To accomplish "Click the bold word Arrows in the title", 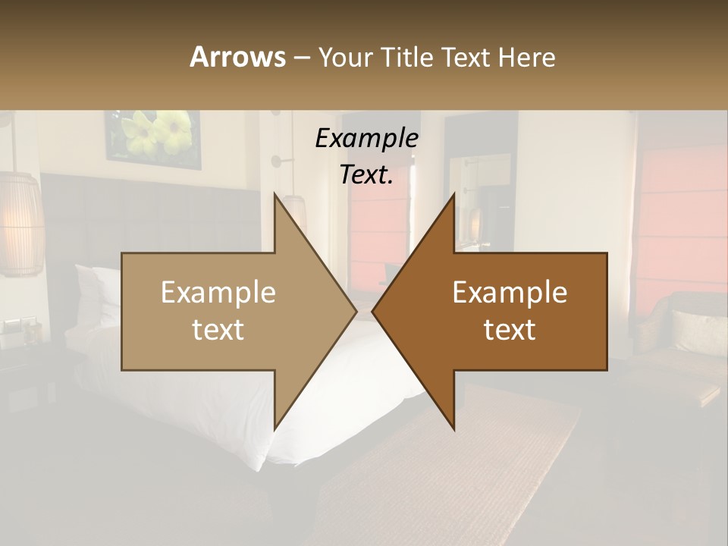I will point(237,57).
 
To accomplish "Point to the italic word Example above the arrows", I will point(366,138).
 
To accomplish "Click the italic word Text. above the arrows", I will point(366,174).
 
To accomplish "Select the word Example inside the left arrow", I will point(218,293).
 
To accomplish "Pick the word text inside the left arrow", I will point(218,330).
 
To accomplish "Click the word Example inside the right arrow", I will point(510,293).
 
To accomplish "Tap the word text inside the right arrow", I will point(510,330).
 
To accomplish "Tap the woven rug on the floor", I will point(455,470).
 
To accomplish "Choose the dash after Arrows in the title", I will point(301,58).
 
